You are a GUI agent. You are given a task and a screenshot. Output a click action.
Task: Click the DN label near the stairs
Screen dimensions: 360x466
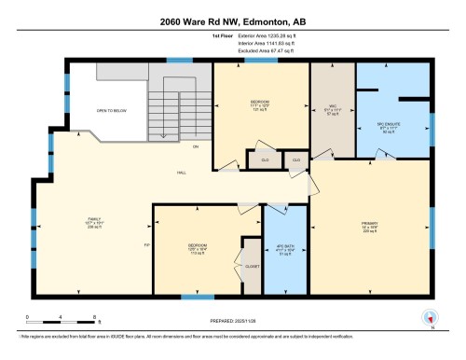196,147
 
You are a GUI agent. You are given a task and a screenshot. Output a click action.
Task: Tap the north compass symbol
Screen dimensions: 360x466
430,317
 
